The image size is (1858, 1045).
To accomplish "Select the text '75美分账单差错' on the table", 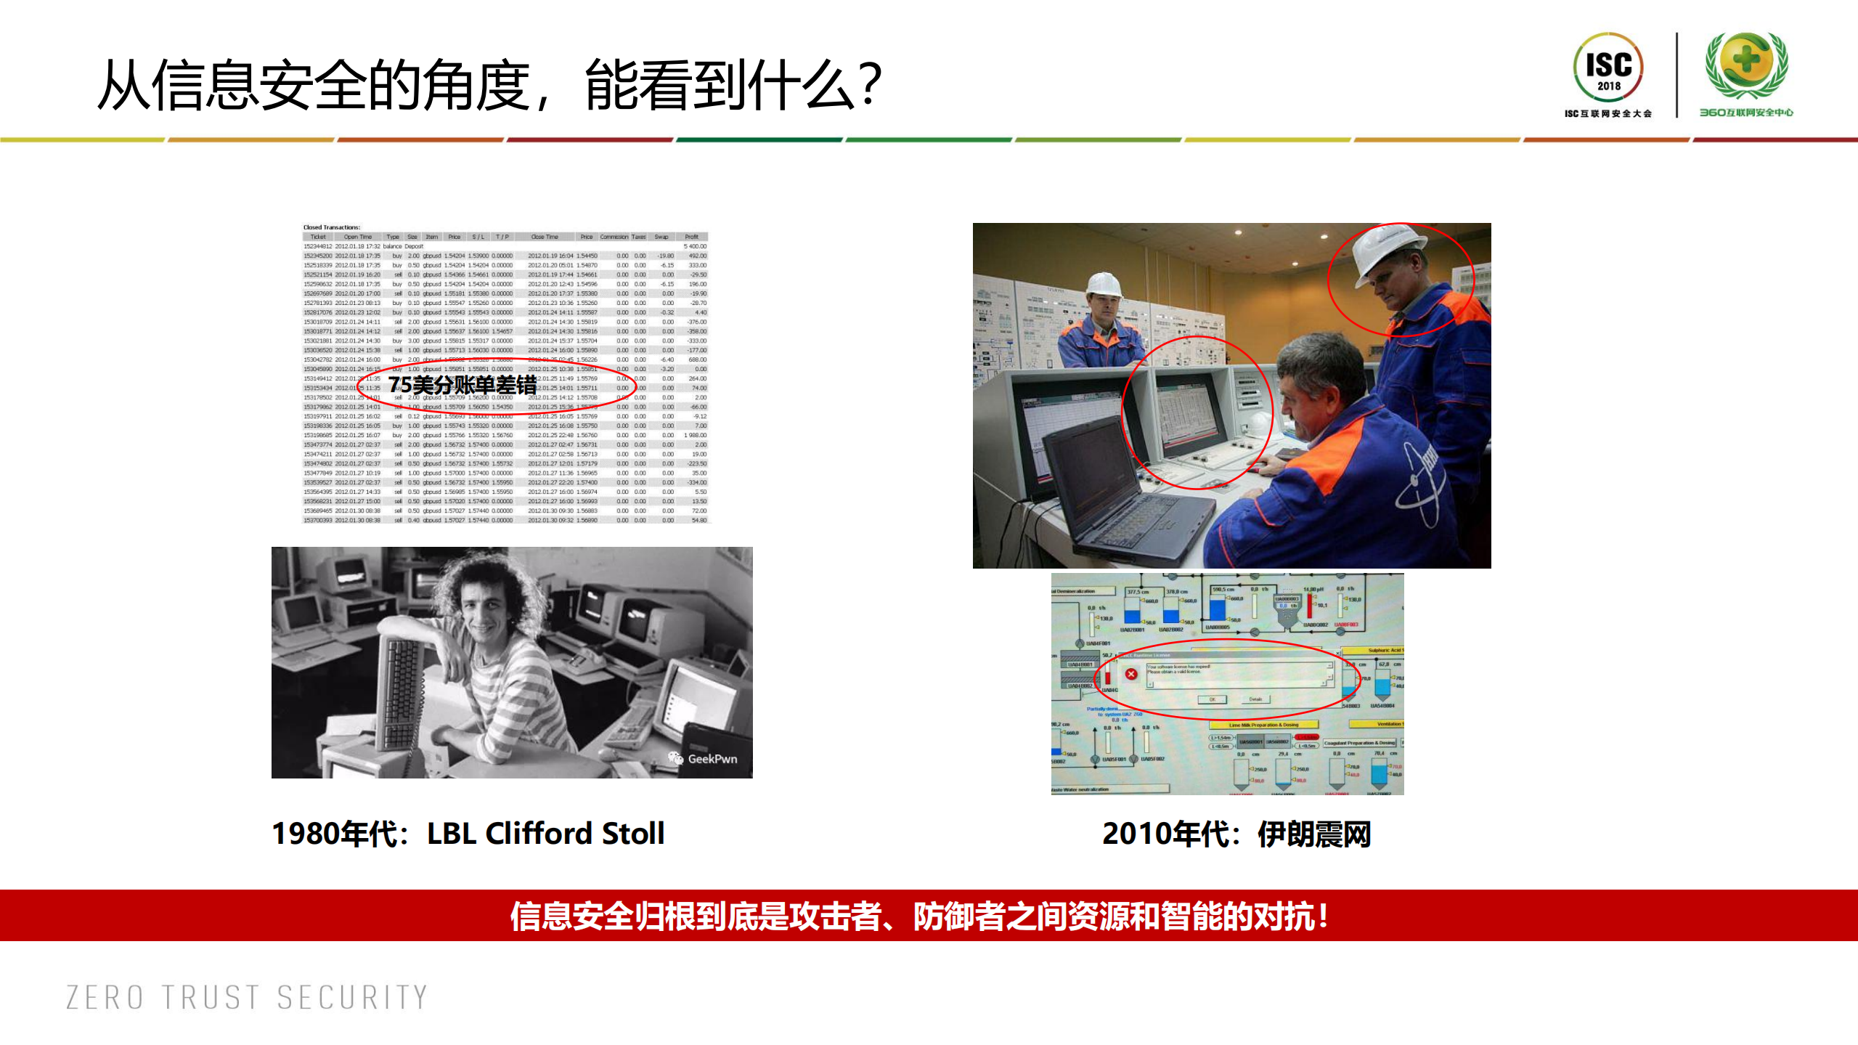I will click(x=463, y=385).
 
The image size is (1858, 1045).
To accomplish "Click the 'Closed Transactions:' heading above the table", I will click(x=331, y=227).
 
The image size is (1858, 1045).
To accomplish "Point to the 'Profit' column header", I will click(x=691, y=237).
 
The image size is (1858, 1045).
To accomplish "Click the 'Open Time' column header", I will click(x=357, y=237).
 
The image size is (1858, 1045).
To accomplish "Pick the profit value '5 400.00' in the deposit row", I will click(x=695, y=246).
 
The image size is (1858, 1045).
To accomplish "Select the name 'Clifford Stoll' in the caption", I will click(x=574, y=833).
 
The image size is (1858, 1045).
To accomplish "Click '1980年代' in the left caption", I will click(x=335, y=833).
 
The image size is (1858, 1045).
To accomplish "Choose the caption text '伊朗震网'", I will click(x=1314, y=834).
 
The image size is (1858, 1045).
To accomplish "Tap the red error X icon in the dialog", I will click(x=1130, y=674).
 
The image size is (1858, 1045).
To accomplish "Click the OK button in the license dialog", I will click(x=1212, y=699).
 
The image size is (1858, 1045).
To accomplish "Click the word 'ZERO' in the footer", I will click(x=105, y=997).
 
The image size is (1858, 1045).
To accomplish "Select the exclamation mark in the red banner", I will click(x=1324, y=916).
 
